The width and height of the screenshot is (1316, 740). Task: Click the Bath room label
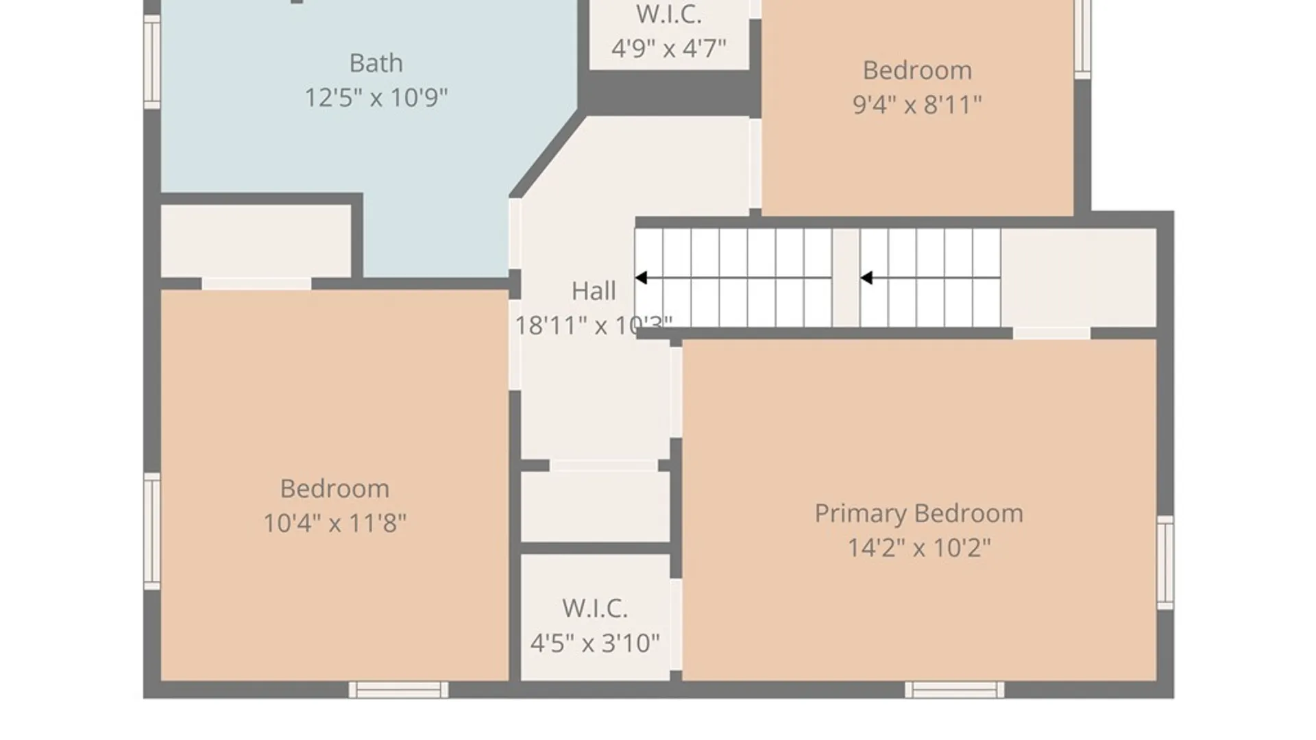pyautogui.click(x=376, y=63)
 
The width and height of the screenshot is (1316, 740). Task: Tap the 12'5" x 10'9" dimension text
pyautogui.click(x=376, y=97)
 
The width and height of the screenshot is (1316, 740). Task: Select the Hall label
pyautogui.click(x=594, y=291)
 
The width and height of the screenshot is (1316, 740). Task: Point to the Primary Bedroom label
pyautogui.click(x=918, y=513)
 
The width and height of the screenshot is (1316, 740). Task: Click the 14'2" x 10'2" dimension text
pyautogui.click(x=918, y=547)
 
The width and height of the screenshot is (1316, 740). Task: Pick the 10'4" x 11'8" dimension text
pyautogui.click(x=334, y=523)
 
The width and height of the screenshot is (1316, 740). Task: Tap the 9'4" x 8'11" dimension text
pyautogui.click(x=917, y=104)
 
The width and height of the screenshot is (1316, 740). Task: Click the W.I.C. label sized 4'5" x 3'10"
pyautogui.click(x=595, y=608)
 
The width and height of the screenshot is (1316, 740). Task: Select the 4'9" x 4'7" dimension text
pyautogui.click(x=668, y=48)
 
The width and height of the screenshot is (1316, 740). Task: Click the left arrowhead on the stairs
pyautogui.click(x=641, y=277)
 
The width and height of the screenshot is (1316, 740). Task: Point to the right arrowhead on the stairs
pyautogui.click(x=866, y=277)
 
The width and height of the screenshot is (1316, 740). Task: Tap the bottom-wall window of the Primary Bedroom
pyautogui.click(x=954, y=689)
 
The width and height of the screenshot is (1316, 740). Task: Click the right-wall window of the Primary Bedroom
pyautogui.click(x=1165, y=563)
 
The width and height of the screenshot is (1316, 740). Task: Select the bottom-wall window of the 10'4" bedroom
pyautogui.click(x=398, y=689)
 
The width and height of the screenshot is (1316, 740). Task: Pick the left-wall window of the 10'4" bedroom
pyautogui.click(x=151, y=531)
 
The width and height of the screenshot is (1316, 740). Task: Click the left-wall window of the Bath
pyautogui.click(x=151, y=61)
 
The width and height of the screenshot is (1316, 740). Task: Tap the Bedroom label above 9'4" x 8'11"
pyautogui.click(x=917, y=70)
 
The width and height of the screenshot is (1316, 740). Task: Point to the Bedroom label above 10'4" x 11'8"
pyautogui.click(x=334, y=489)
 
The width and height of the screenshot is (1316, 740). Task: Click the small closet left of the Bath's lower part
pyautogui.click(x=256, y=241)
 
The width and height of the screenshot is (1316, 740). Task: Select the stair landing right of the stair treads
pyautogui.click(x=1078, y=277)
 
